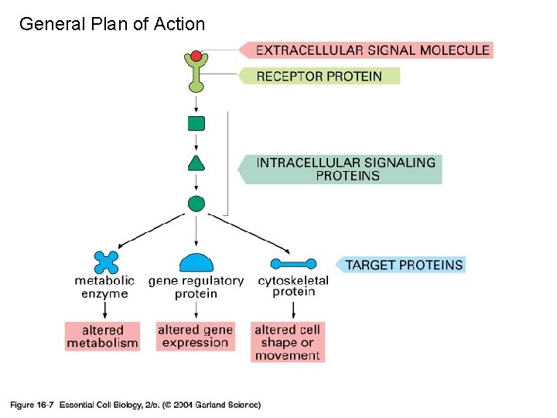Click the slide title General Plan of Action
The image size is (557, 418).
tap(112, 24)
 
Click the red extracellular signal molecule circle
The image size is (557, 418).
tap(196, 56)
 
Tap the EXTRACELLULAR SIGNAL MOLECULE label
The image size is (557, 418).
tap(371, 50)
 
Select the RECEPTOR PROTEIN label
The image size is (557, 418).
tap(319, 76)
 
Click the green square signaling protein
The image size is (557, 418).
tap(196, 123)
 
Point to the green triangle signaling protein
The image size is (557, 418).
tap(196, 163)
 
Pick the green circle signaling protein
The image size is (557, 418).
tap(196, 204)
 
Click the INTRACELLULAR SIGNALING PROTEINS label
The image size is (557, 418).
tap(345, 169)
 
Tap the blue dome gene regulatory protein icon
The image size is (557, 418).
tap(196, 263)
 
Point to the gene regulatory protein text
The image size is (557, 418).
tap(196, 287)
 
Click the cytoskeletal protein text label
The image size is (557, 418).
tap(293, 286)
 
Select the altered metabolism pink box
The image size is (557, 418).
tap(102, 336)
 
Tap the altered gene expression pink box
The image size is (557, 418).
tap(196, 336)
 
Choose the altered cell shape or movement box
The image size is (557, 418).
tap(287, 341)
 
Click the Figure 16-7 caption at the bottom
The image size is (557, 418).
tap(135, 404)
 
